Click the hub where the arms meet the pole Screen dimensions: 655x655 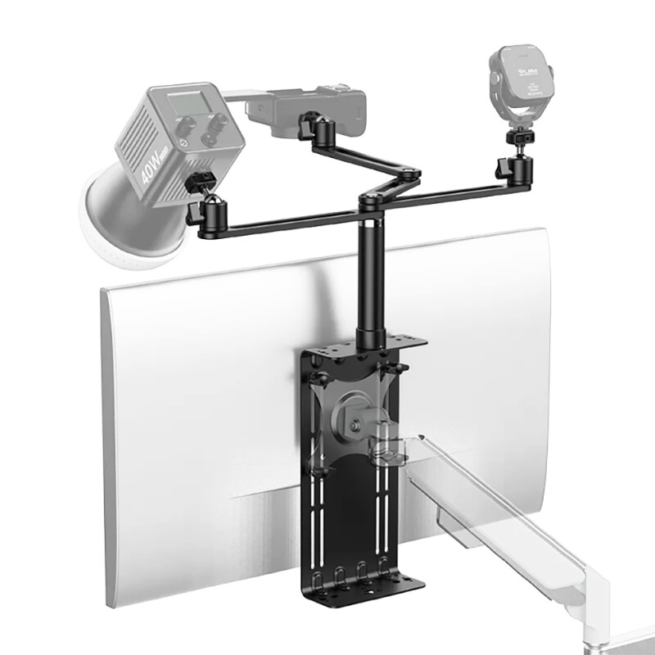373,201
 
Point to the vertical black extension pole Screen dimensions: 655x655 370,270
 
